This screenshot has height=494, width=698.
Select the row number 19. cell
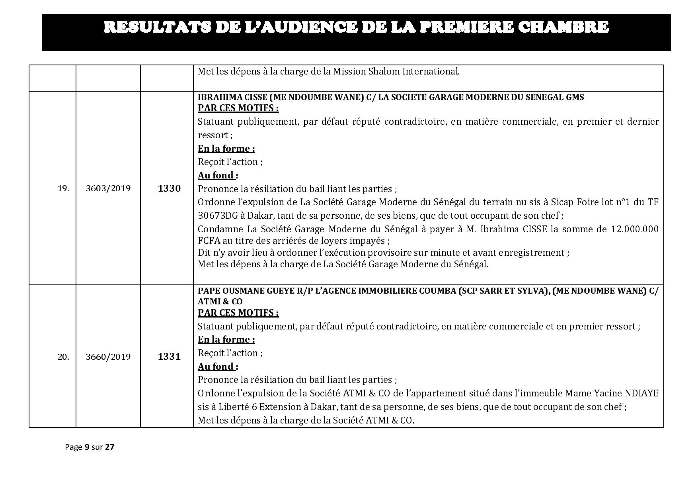click(x=63, y=188)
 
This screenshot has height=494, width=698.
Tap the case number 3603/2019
click(x=108, y=188)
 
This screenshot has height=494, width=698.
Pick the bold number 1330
click(x=169, y=188)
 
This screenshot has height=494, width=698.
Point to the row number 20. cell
click(x=63, y=357)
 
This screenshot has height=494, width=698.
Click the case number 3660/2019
click(x=108, y=357)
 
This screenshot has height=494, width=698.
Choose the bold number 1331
click(x=169, y=357)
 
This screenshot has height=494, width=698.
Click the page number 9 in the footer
click(x=87, y=447)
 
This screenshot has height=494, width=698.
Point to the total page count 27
click(x=109, y=447)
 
